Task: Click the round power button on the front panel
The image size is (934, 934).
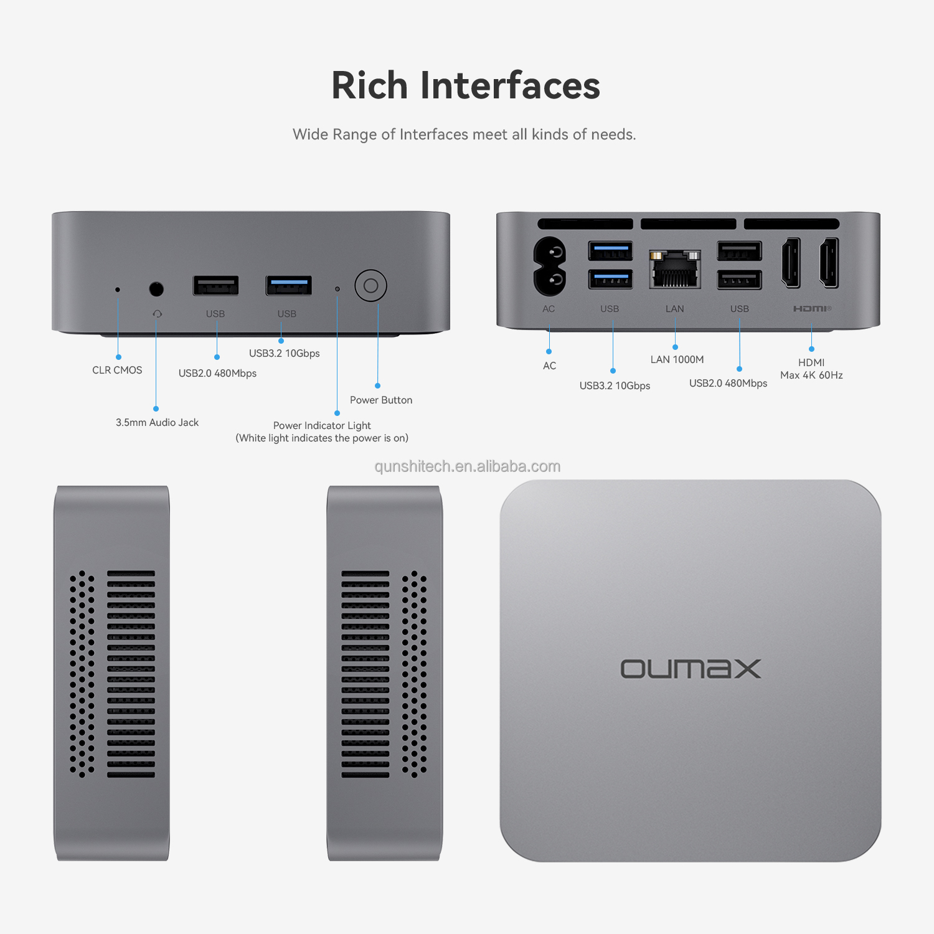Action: (x=370, y=286)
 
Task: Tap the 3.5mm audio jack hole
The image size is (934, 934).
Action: (x=156, y=289)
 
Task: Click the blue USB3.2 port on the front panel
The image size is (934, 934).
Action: (x=289, y=285)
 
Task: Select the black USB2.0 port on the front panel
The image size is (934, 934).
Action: (x=215, y=285)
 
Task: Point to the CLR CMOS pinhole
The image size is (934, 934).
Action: (x=118, y=290)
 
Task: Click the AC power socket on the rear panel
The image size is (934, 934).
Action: (x=549, y=266)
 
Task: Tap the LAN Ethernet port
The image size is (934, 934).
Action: (x=675, y=270)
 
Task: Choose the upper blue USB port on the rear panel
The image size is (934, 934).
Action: (x=610, y=251)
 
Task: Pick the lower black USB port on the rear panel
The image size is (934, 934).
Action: (x=739, y=280)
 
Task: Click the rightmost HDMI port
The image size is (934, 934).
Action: (x=829, y=263)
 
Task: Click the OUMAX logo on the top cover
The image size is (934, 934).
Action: (x=691, y=669)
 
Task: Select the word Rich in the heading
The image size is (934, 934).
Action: (x=369, y=85)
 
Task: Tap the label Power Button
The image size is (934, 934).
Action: (x=381, y=400)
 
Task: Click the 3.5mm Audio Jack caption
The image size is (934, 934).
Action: (x=157, y=422)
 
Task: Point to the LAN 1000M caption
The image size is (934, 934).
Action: (x=677, y=359)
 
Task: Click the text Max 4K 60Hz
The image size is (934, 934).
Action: (x=811, y=375)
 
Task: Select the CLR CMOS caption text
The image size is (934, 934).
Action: (x=117, y=370)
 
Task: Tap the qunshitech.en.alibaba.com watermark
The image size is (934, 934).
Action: (x=467, y=466)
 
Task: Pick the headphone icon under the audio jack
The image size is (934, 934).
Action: (x=158, y=314)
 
